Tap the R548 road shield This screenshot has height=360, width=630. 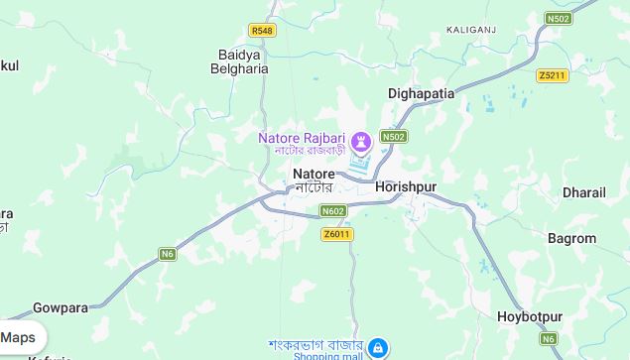coord(262,31)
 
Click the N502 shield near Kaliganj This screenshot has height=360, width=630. coord(559,18)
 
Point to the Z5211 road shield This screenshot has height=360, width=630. coord(552,75)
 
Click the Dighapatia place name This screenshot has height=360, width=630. coord(421,93)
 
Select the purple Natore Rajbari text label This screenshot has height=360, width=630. coord(302,137)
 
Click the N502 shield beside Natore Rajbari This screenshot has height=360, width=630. coord(394,136)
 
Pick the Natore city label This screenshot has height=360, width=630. coord(314,174)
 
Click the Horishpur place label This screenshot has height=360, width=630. coord(406,186)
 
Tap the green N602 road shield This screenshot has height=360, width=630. coord(333,210)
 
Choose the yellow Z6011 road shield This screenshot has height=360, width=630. coord(337,234)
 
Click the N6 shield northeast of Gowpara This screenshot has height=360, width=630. coord(168,254)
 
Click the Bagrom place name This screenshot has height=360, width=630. coord(571,238)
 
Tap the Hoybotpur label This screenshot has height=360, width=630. coord(529,317)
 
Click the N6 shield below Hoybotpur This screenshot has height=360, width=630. coord(549,339)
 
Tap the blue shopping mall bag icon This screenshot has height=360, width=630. coord(377,348)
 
